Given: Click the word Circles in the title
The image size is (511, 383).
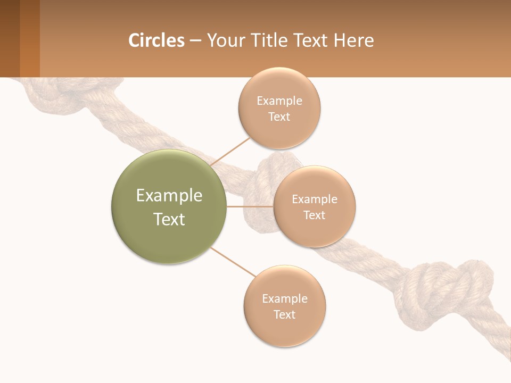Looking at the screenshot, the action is [156, 40].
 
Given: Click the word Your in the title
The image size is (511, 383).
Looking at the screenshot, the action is [225, 40].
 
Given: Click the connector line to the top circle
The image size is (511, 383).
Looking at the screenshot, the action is [230, 151].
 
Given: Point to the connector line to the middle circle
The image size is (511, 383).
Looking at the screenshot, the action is [250, 206].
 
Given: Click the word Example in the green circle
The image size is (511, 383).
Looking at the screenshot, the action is [169, 196].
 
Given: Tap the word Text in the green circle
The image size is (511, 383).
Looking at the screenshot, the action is [169, 219].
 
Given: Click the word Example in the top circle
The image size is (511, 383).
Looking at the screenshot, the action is [279, 101].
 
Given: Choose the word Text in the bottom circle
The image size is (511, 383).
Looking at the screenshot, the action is [284, 314].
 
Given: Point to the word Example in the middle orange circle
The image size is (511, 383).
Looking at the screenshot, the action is [314, 199].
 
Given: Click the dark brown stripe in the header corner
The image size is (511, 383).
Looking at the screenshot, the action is [10, 38].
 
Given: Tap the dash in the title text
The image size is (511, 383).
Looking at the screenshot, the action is [195, 41].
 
